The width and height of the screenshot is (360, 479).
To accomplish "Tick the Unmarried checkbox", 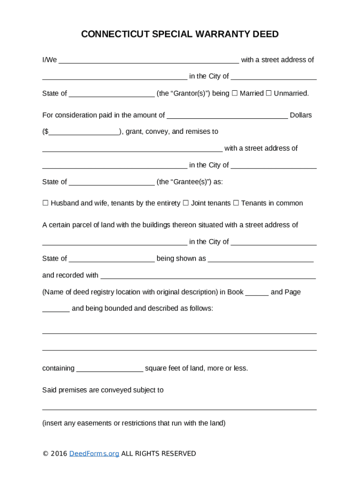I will click(x=268, y=93).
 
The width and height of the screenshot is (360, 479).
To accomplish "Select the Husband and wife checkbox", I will click(x=45, y=203).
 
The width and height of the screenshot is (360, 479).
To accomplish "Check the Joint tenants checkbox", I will click(x=186, y=203).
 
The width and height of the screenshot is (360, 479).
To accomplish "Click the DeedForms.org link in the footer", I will click(x=94, y=453).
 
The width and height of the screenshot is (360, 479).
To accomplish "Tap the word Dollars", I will click(x=301, y=115).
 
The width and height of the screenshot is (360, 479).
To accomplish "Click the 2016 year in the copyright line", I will click(x=59, y=453).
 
